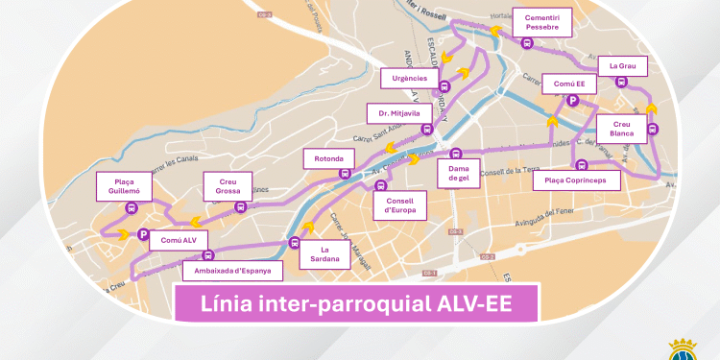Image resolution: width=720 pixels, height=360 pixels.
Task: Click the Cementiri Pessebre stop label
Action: click(541, 22)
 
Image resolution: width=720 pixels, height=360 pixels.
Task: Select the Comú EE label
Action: click(569, 84)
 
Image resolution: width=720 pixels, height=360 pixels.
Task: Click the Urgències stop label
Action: click(410, 77)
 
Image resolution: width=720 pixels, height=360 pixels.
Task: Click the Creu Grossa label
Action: click(228, 185)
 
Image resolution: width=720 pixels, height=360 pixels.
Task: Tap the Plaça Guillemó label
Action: click(124, 186)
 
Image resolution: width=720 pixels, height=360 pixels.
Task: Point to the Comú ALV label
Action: click(178, 240)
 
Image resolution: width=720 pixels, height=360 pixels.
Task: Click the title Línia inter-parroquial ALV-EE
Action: click(355, 305)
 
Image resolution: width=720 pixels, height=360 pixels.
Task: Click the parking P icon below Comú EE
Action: click(573, 100)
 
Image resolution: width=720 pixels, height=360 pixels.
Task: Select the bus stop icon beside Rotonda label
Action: click(345, 174)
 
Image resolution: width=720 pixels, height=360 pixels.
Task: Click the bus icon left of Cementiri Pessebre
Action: click(526, 42)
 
